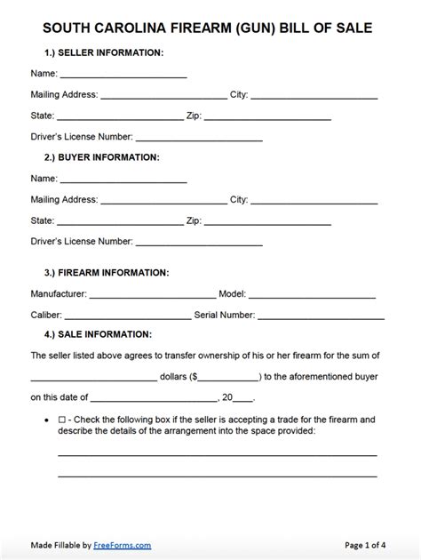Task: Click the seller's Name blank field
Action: (x=123, y=74)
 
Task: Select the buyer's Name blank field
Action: (x=123, y=178)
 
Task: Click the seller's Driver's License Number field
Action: (x=199, y=137)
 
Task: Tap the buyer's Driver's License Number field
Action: (x=199, y=241)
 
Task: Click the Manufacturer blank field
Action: (x=152, y=292)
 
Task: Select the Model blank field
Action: (x=312, y=292)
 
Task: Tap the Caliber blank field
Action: (x=128, y=315)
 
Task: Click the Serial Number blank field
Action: (x=322, y=315)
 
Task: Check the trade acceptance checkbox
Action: (x=61, y=419)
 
